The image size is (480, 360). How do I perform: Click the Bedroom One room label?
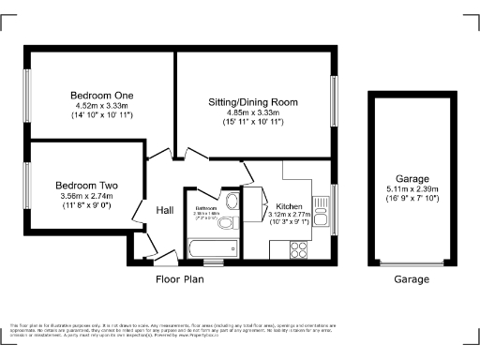pyautogui.click(x=102, y=96)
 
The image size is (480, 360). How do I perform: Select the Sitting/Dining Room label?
pyautogui.click(x=252, y=100)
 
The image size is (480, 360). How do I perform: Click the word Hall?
pyautogui.click(x=165, y=210)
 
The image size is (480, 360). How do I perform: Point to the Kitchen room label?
pyautogui.click(x=289, y=207)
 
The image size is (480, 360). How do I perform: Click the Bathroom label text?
pyautogui.click(x=206, y=208)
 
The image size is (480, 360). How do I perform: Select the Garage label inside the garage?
pyautogui.click(x=412, y=178)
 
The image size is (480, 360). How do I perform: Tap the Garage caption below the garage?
pyautogui.click(x=412, y=278)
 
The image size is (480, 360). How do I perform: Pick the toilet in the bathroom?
pyautogui.click(x=234, y=222)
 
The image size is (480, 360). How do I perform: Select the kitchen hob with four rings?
pyautogui.click(x=301, y=249)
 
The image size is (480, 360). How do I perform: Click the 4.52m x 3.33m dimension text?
pyautogui.click(x=102, y=106)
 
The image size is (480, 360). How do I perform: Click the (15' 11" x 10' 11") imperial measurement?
pyautogui.click(x=252, y=122)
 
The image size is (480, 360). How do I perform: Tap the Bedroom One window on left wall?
pyautogui.click(x=27, y=95)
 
